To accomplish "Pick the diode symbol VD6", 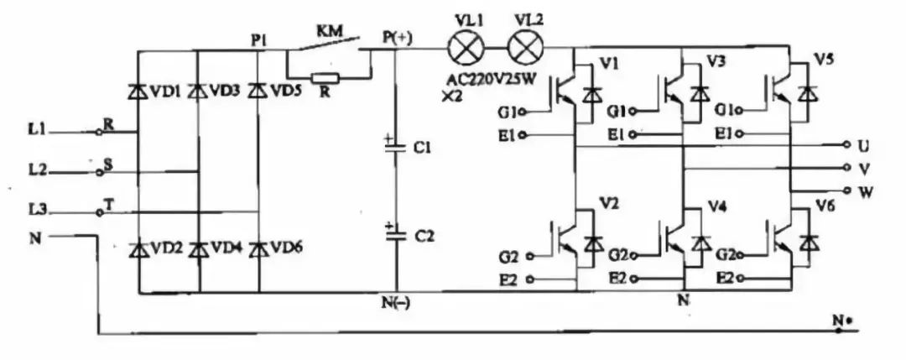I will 258,249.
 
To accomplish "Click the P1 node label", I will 259,38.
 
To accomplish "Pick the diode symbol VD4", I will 198,249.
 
